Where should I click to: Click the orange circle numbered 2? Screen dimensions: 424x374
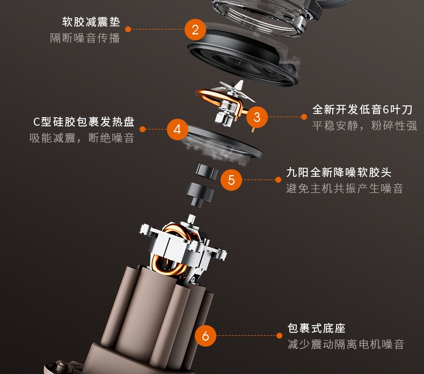point(195,30)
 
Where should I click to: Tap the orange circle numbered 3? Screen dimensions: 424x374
point(257,117)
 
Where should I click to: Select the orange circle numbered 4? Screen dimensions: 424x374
point(178,130)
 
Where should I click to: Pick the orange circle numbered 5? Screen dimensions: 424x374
point(231,180)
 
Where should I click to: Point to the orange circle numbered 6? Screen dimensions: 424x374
point(206,336)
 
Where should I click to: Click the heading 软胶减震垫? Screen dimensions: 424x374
point(91,22)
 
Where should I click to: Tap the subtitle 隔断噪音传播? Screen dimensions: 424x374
point(85,38)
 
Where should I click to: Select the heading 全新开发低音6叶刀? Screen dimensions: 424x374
point(362,110)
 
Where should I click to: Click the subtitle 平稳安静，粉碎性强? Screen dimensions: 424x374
point(365,126)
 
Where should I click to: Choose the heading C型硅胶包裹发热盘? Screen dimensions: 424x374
point(84,122)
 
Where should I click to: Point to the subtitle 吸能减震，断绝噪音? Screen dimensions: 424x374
point(82,138)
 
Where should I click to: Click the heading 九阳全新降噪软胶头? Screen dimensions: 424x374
point(339,172)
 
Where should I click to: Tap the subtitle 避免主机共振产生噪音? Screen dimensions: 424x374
point(345,189)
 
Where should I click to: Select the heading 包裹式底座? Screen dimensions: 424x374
point(316,328)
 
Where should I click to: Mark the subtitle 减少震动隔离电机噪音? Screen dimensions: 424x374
point(346,344)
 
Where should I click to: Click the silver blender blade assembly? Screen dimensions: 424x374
point(231,102)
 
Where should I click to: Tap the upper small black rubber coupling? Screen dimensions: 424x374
point(207,171)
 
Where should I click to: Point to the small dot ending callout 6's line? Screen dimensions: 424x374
point(279,335)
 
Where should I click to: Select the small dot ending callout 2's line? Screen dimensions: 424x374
point(128,29)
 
